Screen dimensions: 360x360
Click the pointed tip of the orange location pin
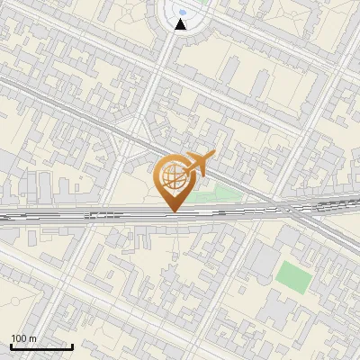(x=173, y=211)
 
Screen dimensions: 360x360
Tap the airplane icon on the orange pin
(x=198, y=163)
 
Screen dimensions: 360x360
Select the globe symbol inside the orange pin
(x=172, y=176)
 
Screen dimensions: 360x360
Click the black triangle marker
(x=181, y=24)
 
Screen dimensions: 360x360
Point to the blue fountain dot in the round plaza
(x=182, y=12)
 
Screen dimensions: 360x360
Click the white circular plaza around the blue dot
(x=169, y=13)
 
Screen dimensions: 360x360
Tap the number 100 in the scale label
(x=20, y=338)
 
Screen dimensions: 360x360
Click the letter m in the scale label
(x=32, y=338)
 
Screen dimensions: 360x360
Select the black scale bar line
(x=41, y=346)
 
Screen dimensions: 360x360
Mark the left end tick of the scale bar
(x=11, y=345)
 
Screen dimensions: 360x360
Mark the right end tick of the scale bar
(x=72, y=345)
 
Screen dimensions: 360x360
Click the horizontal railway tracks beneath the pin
(x=108, y=214)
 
